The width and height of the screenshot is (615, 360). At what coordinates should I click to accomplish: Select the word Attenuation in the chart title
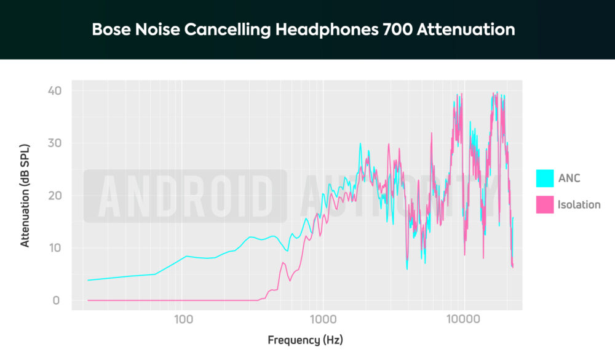tap(466, 30)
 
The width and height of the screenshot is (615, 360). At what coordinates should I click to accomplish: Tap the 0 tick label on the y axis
tap(57, 300)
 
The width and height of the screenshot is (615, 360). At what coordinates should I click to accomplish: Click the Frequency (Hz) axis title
tap(305, 340)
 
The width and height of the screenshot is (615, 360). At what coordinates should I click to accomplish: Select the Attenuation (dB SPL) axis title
tap(25, 196)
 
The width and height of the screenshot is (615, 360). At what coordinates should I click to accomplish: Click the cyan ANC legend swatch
tap(544, 178)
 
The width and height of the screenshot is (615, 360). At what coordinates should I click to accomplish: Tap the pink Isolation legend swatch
tap(544, 204)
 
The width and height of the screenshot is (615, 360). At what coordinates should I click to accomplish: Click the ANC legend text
tap(569, 178)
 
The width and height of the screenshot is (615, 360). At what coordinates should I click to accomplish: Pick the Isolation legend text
tap(579, 204)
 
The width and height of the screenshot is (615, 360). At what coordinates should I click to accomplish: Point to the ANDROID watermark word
tap(184, 196)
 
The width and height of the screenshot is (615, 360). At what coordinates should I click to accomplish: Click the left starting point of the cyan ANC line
tap(88, 280)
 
